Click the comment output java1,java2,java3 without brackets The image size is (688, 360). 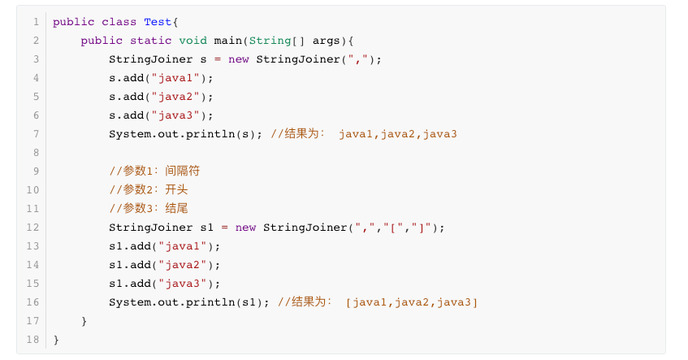click(398, 134)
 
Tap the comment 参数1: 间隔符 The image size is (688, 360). click(154, 171)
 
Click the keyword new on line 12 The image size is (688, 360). click(246, 228)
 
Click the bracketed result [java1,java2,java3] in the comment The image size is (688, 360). click(412, 302)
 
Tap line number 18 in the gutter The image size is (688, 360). click(32, 340)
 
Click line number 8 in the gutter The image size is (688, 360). click(36, 153)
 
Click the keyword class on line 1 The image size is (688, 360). click(119, 22)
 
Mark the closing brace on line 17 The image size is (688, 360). click(84, 321)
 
